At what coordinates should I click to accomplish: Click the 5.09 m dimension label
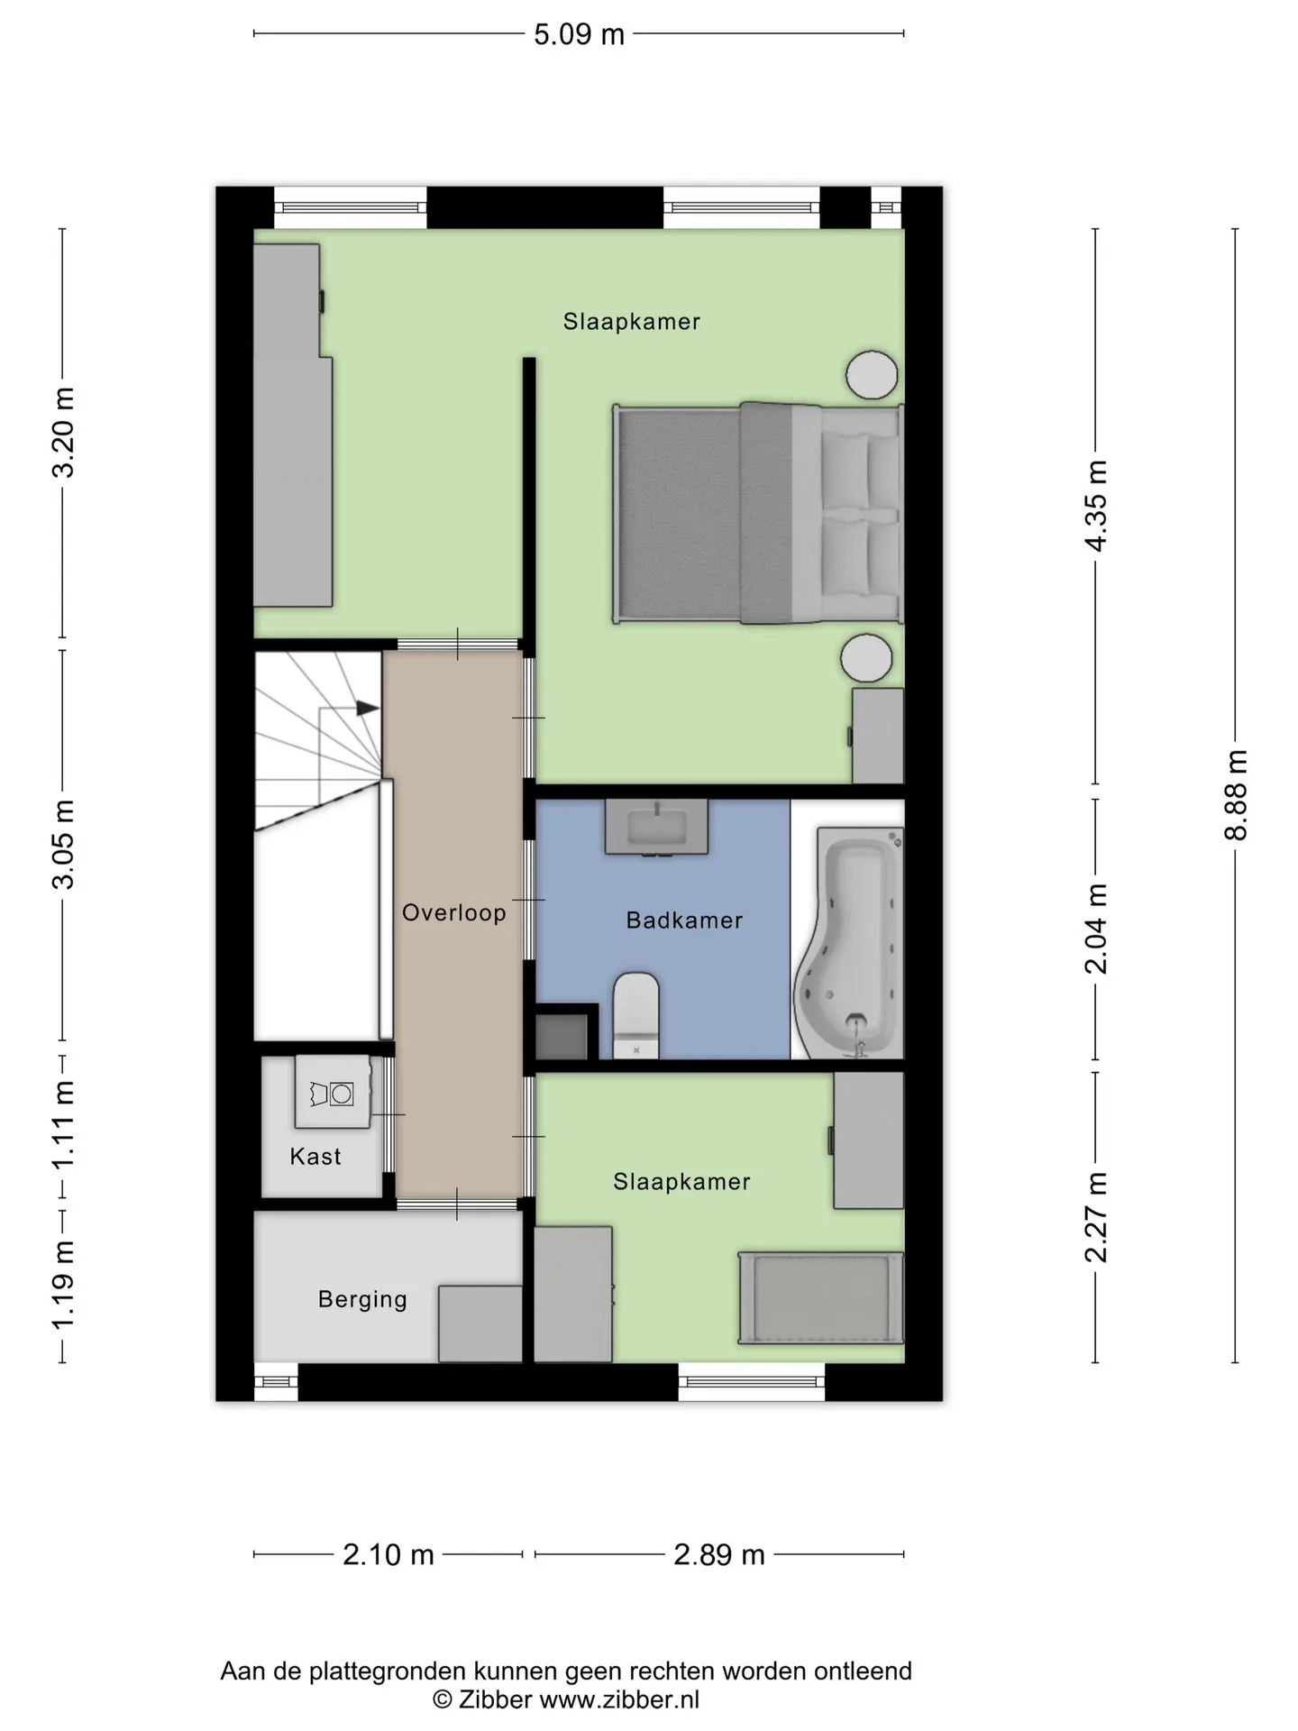pos(579,34)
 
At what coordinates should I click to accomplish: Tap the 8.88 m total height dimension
pos(1236,795)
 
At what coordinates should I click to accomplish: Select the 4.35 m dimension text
pos(1096,506)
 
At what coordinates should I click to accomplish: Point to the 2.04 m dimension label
pos(1096,929)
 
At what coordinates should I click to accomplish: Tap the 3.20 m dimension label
pos(63,432)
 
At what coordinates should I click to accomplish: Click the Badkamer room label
pos(684,920)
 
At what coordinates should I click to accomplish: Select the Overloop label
pos(454,912)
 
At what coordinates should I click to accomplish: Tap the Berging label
pos(362,1299)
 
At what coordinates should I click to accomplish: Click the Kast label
pos(315,1157)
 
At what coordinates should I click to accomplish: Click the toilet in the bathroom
pos(636,1015)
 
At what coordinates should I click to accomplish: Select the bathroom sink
pos(656,826)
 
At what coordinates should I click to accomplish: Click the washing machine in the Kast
pos(333,1092)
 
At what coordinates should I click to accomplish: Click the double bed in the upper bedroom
pos(758,513)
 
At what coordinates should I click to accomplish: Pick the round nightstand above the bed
pos(872,374)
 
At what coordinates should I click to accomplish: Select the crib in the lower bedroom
pos(820,1298)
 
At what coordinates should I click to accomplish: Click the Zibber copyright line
pos(566,1699)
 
